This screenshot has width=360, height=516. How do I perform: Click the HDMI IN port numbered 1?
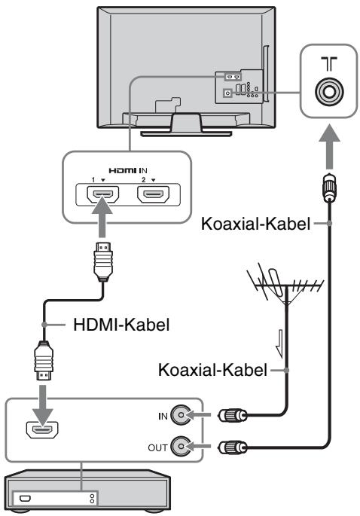(103, 194)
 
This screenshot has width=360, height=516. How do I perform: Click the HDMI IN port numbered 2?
(154, 194)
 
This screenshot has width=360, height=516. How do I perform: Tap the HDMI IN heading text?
(128, 170)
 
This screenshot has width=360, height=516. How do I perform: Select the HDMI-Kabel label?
(121, 325)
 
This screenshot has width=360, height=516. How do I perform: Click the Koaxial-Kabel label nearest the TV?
(255, 224)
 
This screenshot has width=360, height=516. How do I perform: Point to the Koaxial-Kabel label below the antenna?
(212, 370)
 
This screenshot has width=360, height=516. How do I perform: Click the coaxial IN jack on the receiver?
(181, 415)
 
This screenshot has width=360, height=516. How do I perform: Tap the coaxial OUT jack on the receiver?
(181, 446)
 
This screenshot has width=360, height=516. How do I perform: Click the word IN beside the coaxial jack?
(163, 417)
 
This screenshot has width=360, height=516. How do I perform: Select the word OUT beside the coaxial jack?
(157, 448)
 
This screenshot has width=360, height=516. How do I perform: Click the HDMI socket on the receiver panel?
(42, 430)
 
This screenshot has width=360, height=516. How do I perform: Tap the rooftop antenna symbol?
(285, 285)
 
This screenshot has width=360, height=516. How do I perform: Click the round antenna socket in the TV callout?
(329, 91)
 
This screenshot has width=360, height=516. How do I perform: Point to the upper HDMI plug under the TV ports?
(103, 261)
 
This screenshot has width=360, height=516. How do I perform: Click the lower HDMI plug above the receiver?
(44, 362)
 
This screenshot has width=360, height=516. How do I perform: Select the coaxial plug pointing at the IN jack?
(232, 415)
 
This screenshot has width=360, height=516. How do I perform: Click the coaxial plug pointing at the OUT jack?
(232, 447)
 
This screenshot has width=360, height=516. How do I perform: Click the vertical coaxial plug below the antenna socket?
(329, 188)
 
